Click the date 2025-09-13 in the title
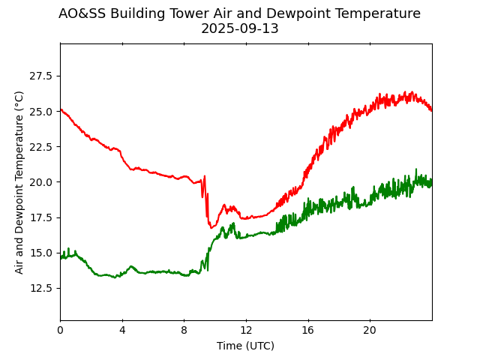[x=239, y=28]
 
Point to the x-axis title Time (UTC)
[x=245, y=346]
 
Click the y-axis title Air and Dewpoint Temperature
[x=19, y=181]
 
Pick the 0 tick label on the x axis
[x=60, y=330]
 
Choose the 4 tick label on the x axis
[x=122, y=330]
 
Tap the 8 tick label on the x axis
[x=184, y=330]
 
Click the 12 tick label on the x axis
[x=246, y=330]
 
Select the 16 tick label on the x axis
[x=307, y=330]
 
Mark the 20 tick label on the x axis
[x=370, y=330]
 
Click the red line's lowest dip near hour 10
[x=211, y=227]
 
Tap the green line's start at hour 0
[x=61, y=257]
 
